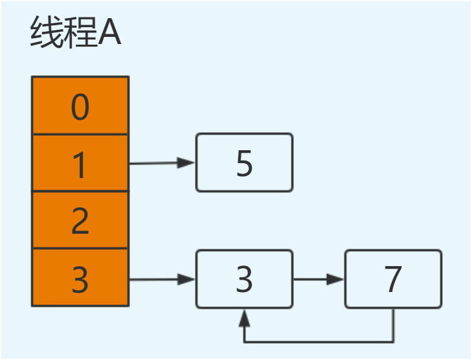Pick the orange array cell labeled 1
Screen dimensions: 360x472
click(x=80, y=164)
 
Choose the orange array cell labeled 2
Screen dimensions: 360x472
click(x=80, y=220)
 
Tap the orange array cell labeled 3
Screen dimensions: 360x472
click(x=80, y=278)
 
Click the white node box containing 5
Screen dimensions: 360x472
click(x=244, y=163)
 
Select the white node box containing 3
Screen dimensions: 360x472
click(x=244, y=279)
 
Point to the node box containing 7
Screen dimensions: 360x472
click(x=393, y=279)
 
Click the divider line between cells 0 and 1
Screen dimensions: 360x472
click(x=80, y=135)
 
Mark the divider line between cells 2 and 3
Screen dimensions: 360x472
click(x=80, y=249)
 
